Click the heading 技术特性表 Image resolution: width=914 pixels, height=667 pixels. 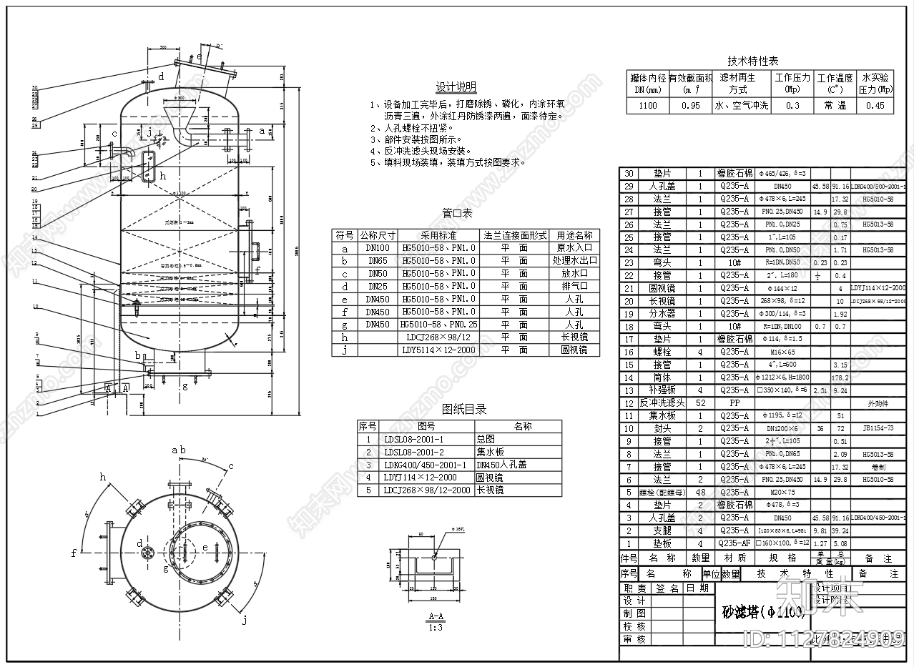coord(752,61)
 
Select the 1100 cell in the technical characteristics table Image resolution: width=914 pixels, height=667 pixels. coord(647,106)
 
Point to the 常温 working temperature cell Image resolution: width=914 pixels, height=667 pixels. coord(835,106)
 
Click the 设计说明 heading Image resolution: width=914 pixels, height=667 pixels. coord(456,87)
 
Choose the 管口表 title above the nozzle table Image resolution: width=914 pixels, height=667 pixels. coord(457,214)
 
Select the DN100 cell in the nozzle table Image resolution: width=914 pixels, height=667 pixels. coord(377,248)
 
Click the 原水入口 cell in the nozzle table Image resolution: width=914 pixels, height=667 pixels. coord(576,248)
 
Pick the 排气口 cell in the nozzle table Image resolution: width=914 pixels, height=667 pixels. coord(576,286)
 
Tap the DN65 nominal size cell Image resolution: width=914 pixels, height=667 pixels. coord(377,261)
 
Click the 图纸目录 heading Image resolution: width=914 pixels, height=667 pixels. coord(464,410)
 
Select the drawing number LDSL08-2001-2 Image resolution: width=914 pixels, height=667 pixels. coord(413,452)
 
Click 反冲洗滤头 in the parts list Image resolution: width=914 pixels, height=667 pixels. coord(661,403)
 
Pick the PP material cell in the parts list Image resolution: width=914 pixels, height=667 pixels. coord(734,403)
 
